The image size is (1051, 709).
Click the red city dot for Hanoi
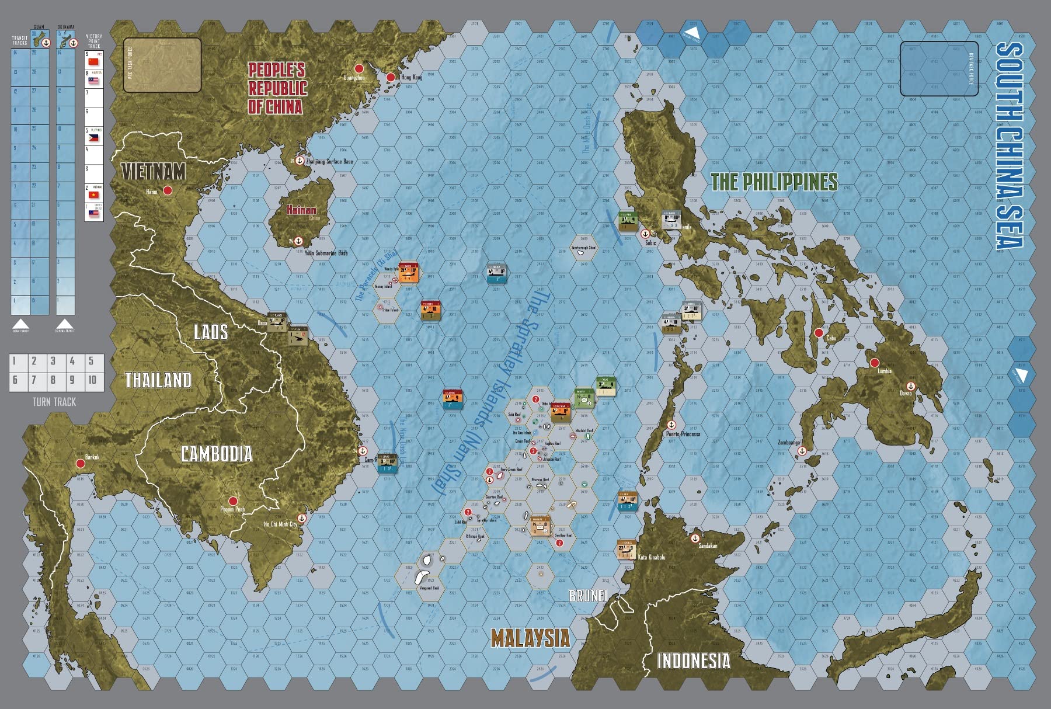point(168,190)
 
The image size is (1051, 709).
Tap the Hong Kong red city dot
point(391,77)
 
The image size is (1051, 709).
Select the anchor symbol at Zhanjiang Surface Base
point(300,161)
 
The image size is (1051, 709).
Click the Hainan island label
point(301,210)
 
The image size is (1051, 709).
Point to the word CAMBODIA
point(217,454)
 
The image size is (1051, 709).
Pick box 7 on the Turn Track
point(34,380)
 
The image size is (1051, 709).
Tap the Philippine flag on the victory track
point(94,138)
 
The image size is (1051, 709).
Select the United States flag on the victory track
point(94,214)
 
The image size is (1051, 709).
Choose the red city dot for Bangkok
point(81,464)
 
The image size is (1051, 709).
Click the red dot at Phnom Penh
point(232,501)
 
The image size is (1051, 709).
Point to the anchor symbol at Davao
point(910,385)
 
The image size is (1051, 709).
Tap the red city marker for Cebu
point(819,333)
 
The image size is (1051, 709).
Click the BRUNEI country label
point(588,595)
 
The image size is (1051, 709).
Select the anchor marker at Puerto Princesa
point(671,425)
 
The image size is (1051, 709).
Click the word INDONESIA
point(693,661)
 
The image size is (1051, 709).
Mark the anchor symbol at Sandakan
point(695,538)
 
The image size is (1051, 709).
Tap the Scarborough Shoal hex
point(583,245)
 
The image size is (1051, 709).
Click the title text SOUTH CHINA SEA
point(1009,146)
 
